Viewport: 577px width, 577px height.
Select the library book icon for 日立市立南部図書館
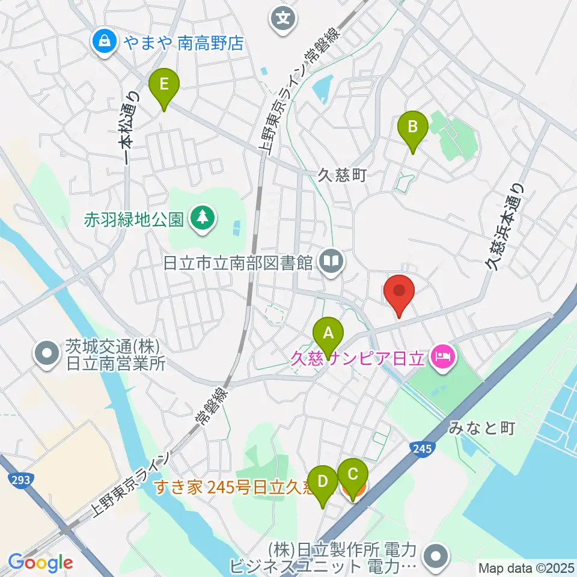[x=331, y=261]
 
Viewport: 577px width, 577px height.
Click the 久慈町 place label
[x=342, y=176]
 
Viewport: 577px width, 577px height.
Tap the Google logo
[x=40, y=563]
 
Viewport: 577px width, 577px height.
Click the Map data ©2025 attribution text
[x=525, y=567]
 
